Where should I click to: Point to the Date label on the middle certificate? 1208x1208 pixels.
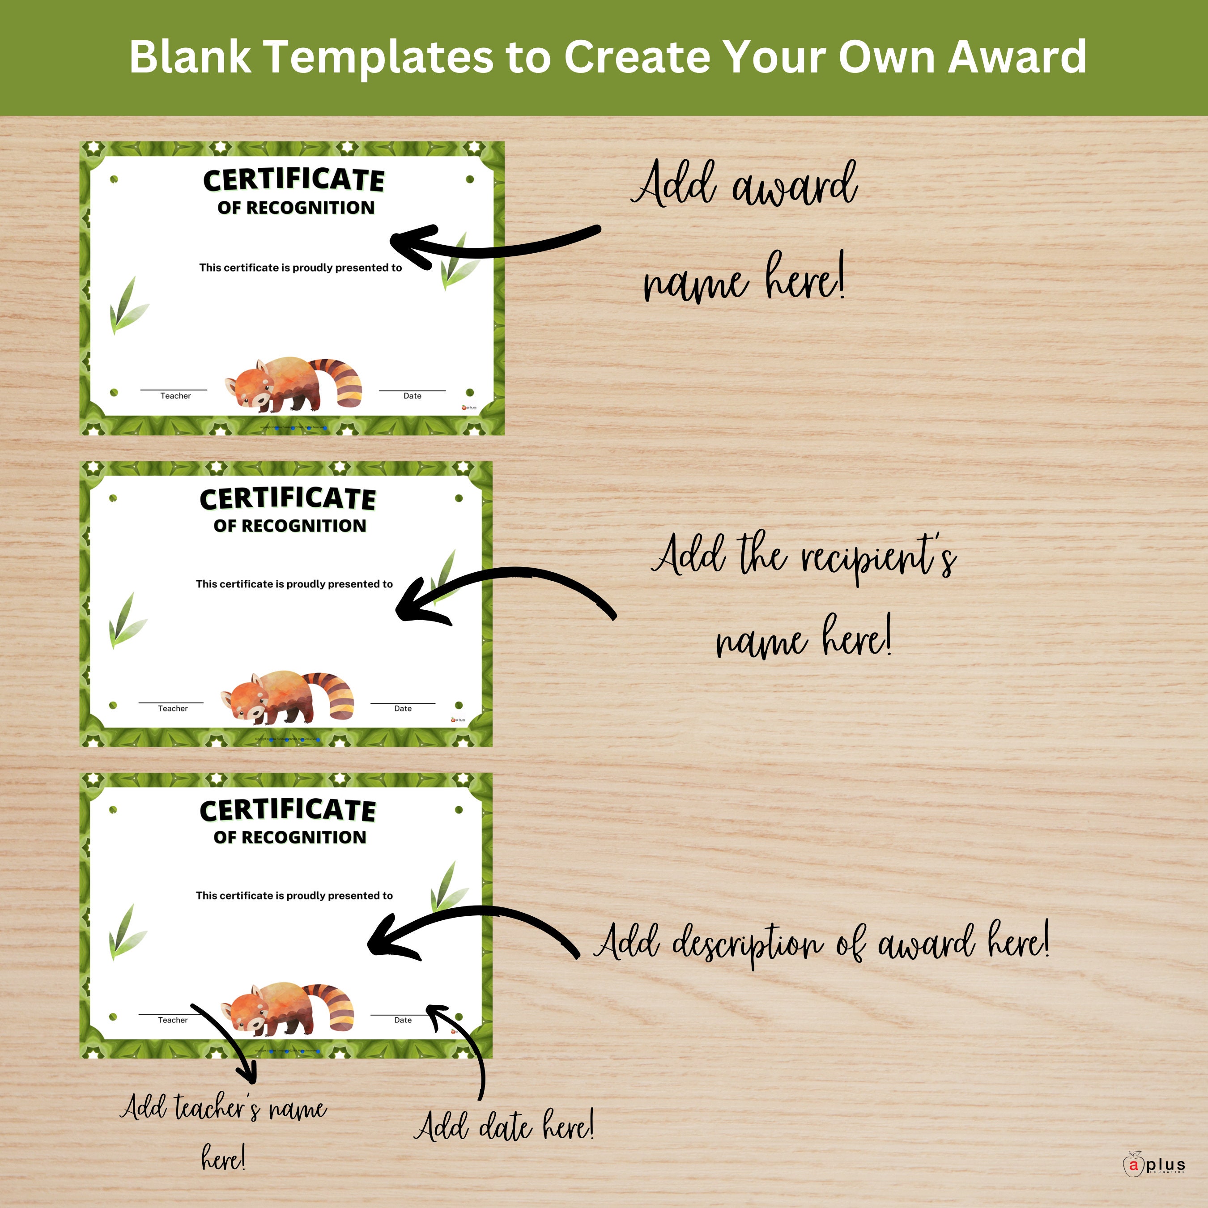(x=403, y=708)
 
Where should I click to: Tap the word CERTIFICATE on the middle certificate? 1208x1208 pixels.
(x=288, y=499)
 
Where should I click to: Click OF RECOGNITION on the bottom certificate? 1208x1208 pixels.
(x=289, y=837)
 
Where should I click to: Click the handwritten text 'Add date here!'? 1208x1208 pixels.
(x=504, y=1126)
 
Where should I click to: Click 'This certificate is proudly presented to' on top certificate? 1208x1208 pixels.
(x=300, y=268)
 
